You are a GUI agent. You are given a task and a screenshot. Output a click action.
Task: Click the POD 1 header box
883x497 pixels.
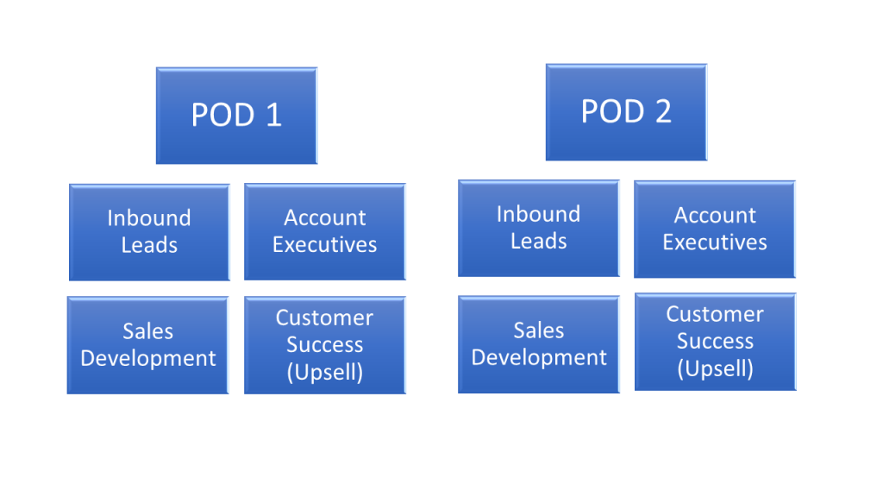236,116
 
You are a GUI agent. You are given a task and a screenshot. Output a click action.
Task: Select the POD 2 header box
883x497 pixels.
626,112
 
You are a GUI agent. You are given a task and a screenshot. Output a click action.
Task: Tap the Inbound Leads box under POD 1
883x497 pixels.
149,232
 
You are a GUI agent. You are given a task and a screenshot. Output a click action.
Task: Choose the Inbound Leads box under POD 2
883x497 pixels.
539,228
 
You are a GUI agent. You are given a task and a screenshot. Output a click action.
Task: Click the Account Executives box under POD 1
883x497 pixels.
325,231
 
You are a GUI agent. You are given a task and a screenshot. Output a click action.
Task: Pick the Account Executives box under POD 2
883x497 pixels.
715,230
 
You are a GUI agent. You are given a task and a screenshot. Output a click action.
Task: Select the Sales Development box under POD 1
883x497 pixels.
147,345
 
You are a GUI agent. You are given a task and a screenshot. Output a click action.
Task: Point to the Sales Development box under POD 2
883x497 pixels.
539,344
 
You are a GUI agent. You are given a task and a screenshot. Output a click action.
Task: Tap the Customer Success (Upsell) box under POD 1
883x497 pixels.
325,345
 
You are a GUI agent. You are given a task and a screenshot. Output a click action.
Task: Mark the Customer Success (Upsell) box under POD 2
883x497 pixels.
715,342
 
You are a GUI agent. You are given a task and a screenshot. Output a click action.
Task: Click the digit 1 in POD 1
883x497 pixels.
273,115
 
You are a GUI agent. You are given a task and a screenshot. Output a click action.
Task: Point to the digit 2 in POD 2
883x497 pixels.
663,111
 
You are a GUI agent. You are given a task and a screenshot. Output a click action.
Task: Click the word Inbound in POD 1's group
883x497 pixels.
149,218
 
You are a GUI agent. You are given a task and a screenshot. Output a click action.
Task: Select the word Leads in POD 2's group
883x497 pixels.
539,242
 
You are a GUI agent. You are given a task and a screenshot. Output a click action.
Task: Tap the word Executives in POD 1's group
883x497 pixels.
325,244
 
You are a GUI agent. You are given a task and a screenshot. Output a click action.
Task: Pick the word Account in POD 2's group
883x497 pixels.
715,215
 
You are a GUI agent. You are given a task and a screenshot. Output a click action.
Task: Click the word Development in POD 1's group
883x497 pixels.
148,359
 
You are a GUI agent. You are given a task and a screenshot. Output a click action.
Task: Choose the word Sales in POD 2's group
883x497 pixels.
539,330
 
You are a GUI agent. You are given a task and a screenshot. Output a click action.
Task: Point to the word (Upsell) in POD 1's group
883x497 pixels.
325,373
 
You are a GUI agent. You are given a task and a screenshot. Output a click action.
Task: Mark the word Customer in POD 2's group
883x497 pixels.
715,314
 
